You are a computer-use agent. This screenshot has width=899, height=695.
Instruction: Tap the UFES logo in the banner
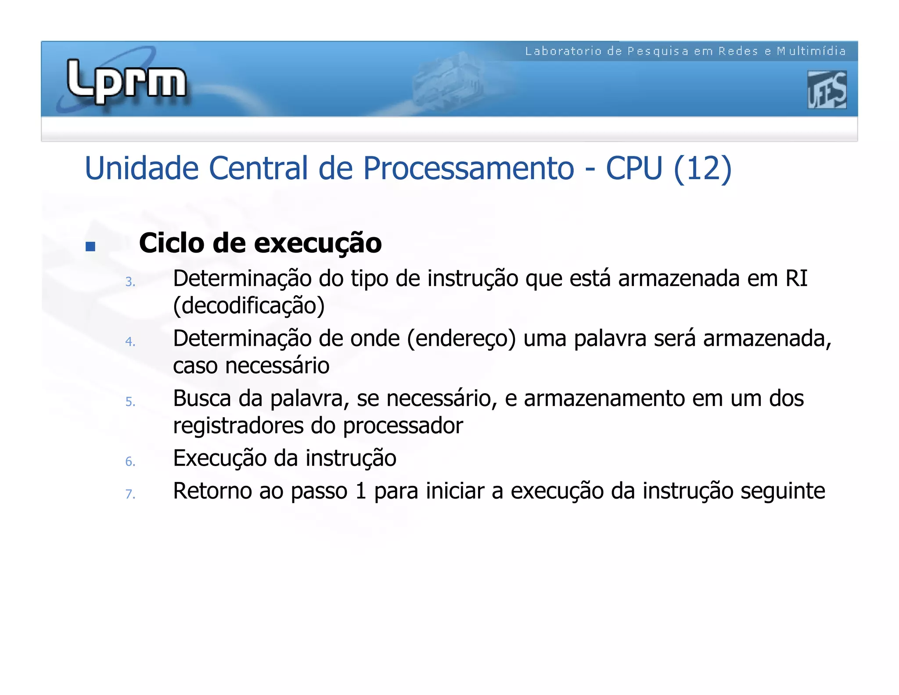click(827, 90)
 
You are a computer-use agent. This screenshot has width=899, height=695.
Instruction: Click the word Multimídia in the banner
click(811, 51)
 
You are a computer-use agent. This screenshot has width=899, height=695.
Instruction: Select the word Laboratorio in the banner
click(563, 51)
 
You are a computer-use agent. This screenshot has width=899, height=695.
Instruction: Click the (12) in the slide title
click(702, 168)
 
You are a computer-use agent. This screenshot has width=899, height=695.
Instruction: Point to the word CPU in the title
click(634, 168)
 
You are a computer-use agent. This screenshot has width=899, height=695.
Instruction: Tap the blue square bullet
click(90, 246)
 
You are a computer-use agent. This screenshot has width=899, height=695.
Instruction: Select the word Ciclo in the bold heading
click(172, 243)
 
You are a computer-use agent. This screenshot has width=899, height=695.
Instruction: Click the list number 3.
click(130, 282)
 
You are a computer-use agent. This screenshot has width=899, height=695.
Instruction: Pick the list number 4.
click(130, 342)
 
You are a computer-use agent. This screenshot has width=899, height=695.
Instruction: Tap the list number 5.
click(130, 402)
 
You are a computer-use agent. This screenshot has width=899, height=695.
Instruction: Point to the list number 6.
click(130, 462)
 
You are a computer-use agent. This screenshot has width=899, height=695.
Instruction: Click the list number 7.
click(130, 495)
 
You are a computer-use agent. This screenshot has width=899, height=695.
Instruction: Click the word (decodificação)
click(249, 306)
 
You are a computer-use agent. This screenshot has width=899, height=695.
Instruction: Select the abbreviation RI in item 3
click(796, 279)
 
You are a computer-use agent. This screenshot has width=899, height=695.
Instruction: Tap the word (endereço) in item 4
click(461, 339)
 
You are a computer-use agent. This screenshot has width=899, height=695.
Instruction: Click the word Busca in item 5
click(202, 398)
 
